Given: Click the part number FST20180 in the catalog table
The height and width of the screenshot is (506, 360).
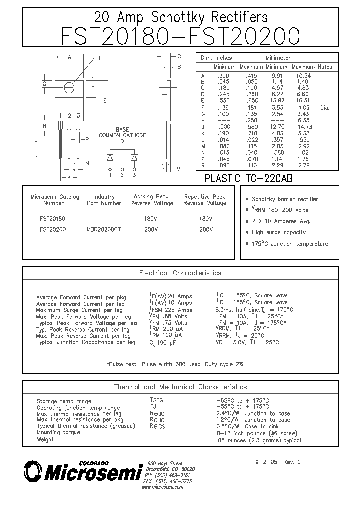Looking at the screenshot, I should pos(52,219).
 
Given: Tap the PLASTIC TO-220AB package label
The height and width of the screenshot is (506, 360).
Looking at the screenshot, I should pos(249,178).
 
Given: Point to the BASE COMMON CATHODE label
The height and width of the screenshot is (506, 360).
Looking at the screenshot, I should pos(122,132).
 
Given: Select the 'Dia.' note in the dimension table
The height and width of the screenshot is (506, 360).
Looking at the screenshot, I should pos(325,107).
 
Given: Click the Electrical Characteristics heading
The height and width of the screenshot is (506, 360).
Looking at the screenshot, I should pos(180,273).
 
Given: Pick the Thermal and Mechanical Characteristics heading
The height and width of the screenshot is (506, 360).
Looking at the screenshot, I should pos(180,387).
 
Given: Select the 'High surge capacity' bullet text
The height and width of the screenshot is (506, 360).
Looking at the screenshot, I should pos(279,232).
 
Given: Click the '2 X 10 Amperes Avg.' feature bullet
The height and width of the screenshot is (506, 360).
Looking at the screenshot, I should pos(281,221).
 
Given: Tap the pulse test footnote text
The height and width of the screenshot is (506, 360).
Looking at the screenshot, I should pos(175,364).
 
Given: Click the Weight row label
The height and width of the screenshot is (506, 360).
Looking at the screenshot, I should pos(45,440).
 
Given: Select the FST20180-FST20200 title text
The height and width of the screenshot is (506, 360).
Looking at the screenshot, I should pos(180,37).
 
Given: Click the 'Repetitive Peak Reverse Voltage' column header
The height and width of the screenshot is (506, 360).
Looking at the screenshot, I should pos(205,200).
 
